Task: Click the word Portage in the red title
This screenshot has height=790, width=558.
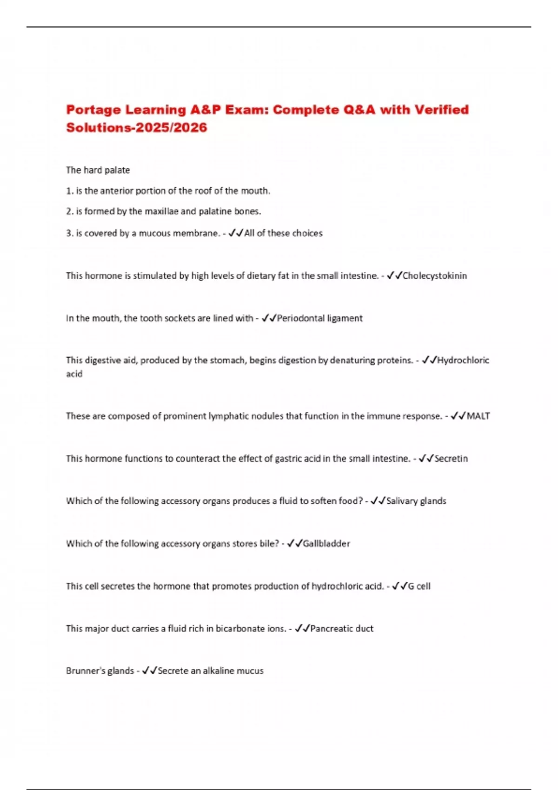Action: click(93, 110)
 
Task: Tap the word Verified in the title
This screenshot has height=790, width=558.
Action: click(441, 110)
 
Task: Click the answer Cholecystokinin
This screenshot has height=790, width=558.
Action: click(434, 276)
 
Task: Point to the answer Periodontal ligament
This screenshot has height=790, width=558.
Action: click(319, 318)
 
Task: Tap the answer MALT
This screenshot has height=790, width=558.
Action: click(478, 416)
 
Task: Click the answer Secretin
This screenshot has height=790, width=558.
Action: click(451, 459)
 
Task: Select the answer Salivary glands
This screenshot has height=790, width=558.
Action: click(416, 501)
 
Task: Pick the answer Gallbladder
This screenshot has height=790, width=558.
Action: click(326, 544)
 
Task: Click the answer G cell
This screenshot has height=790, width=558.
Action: click(419, 586)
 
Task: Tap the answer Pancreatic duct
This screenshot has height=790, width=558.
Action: click(342, 629)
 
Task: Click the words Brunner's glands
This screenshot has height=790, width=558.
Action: click(100, 671)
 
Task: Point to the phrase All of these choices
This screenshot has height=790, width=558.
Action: click(283, 233)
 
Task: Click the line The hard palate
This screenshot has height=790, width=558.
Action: click(98, 170)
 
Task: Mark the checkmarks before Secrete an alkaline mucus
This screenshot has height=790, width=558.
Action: click(149, 671)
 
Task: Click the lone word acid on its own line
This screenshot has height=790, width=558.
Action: click(74, 374)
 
